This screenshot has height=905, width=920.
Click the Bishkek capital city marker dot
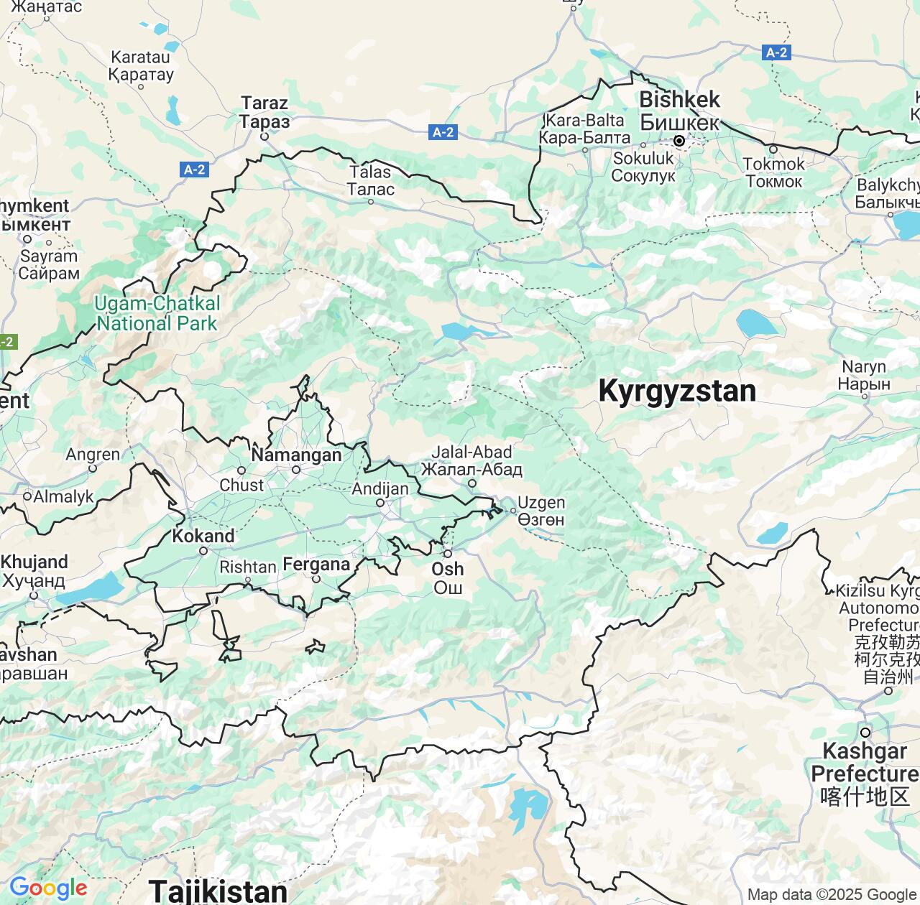pyautogui.click(x=678, y=141)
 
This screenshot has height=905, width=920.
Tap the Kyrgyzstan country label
pyautogui.click(x=677, y=391)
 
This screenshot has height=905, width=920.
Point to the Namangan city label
pyautogui.click(x=296, y=455)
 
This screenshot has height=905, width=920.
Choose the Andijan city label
pyautogui.click(x=379, y=489)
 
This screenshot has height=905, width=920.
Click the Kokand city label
pyautogui.click(x=203, y=537)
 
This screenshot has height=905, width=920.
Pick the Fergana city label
pyautogui.click(x=316, y=565)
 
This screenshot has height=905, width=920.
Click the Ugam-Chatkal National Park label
pyautogui.click(x=157, y=313)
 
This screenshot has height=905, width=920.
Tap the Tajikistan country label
pyautogui.click(x=218, y=891)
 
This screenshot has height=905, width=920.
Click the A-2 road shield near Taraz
pyautogui.click(x=194, y=170)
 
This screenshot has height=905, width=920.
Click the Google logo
pyautogui.click(x=48, y=888)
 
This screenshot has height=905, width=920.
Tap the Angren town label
pyautogui.click(x=93, y=455)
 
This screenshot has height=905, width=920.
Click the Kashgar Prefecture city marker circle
pyautogui.click(x=865, y=733)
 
